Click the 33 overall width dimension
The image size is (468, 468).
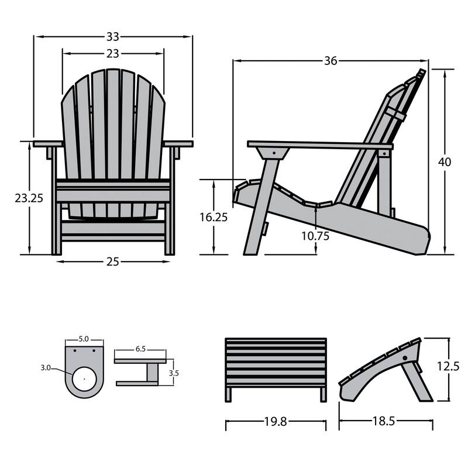113,36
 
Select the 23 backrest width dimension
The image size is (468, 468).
113,53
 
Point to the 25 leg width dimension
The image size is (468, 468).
113,261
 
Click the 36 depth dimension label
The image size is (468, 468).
331,61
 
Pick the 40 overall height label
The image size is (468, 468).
445,163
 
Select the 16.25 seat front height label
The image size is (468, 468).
214,216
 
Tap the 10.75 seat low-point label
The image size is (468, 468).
315,237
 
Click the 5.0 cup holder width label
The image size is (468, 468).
84,339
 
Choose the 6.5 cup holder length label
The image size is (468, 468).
140,349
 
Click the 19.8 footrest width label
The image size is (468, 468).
274,421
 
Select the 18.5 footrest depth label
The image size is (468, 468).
386,421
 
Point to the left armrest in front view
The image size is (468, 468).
48,143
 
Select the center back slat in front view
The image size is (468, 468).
113,140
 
